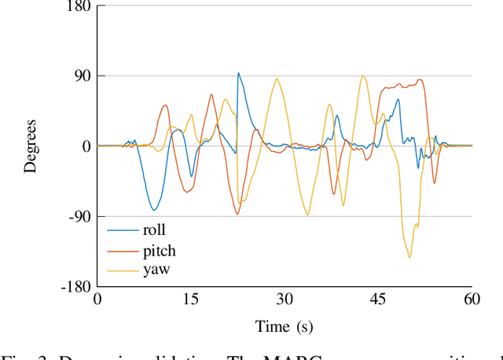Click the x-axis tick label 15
point(191,299)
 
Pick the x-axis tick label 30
point(285,299)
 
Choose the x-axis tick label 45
point(378,299)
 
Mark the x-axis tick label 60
point(472,299)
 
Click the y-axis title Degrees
point(31,146)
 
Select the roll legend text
point(154,231)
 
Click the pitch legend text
point(159,252)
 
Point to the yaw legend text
point(156,270)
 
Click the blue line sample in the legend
point(123,231)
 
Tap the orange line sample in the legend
point(123,251)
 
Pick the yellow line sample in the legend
point(123,270)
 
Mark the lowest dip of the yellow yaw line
point(409,257)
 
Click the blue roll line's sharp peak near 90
point(238,73)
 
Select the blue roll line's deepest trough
point(154,210)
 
